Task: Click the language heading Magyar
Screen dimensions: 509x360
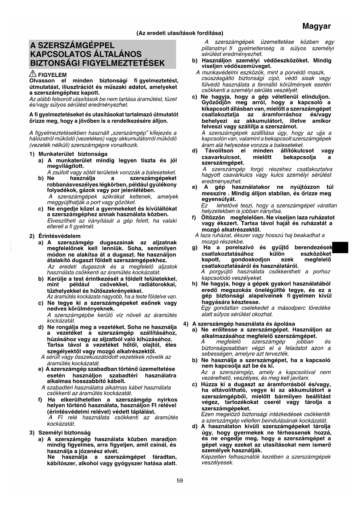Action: pyautogui.click(x=316, y=26)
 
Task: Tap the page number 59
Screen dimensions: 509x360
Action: pyautogui.click(x=180, y=481)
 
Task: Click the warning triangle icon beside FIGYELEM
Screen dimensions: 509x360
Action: pyautogui.click(x=33, y=74)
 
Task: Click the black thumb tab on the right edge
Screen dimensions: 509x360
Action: pyautogui.click(x=340, y=248)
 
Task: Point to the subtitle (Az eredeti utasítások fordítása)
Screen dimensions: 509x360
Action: pyautogui.click(x=180, y=33)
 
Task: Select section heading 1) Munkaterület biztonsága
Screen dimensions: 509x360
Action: pyautogui.click(x=68, y=154)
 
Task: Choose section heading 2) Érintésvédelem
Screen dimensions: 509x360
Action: pyautogui.click(x=55, y=236)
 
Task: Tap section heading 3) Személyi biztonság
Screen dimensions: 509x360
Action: pyautogui.click(x=60, y=433)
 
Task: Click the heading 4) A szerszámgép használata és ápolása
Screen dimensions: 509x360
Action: pyautogui.click(x=239, y=324)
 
